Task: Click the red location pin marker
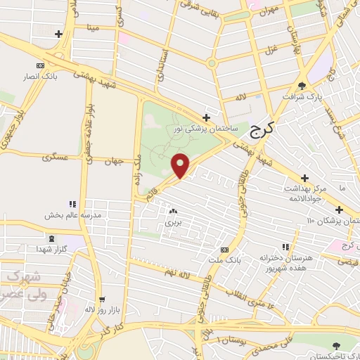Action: click(x=180, y=165)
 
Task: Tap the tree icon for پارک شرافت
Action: click(x=302, y=86)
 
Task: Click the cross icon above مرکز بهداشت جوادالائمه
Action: click(x=304, y=179)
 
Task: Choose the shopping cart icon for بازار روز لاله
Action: click(x=103, y=298)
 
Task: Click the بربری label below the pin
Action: click(x=173, y=221)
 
